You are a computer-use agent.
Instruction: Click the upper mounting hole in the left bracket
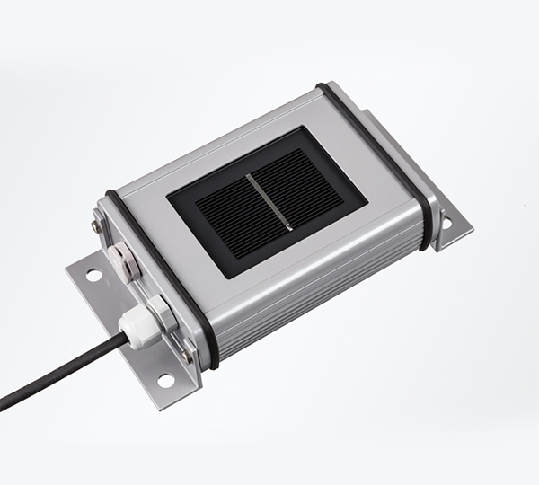coord(93,275)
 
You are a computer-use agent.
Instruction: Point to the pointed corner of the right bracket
coord(473,221)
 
